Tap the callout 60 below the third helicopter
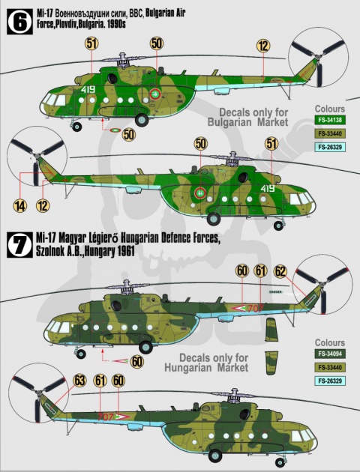136,361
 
